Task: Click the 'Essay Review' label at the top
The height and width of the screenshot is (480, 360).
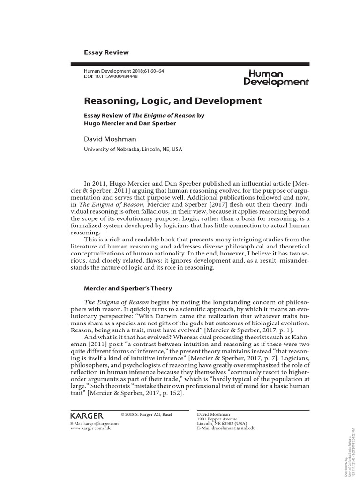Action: (x=106, y=52)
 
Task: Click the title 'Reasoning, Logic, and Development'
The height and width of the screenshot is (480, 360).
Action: (x=172, y=100)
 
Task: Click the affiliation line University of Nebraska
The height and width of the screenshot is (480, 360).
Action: (x=133, y=150)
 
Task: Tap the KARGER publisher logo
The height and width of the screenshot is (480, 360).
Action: (x=87, y=416)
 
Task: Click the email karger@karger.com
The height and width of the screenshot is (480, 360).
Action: (x=94, y=423)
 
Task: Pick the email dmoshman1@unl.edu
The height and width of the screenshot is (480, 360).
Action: (x=226, y=428)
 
